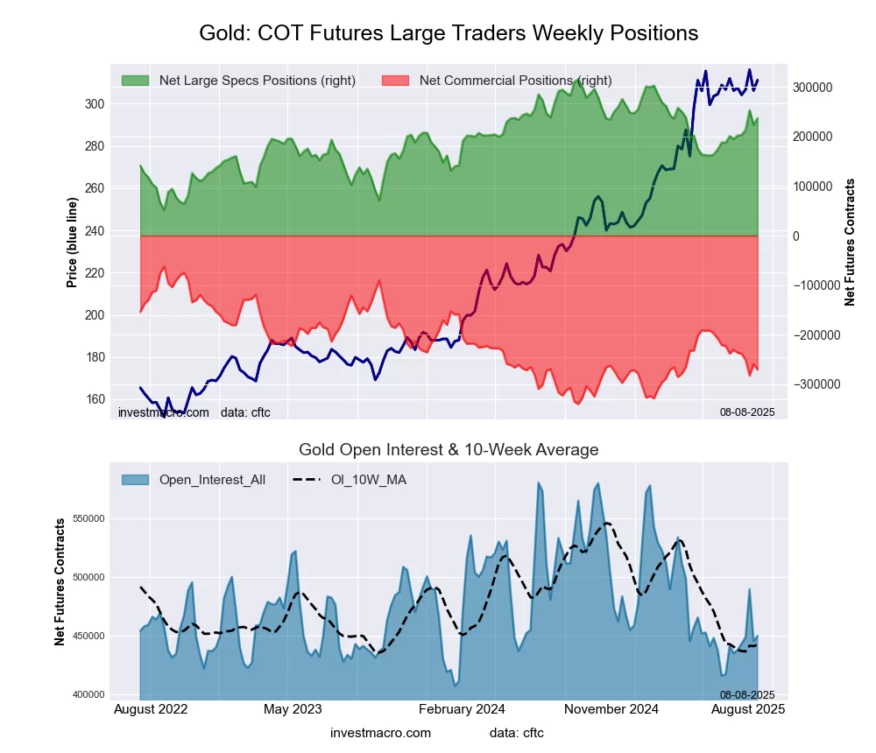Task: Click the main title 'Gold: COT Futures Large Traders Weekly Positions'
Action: point(449,33)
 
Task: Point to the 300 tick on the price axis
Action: point(94,104)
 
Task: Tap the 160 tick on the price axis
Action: point(94,399)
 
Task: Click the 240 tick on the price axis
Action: point(94,231)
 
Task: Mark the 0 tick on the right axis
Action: point(797,236)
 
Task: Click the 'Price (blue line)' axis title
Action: point(73,237)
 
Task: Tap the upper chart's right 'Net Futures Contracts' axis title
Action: point(850,242)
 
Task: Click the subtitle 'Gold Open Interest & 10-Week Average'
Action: point(449,450)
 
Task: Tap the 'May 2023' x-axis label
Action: point(293,709)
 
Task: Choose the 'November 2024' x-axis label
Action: point(611,709)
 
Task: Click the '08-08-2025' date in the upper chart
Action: point(747,412)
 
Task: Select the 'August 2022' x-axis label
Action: point(151,709)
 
